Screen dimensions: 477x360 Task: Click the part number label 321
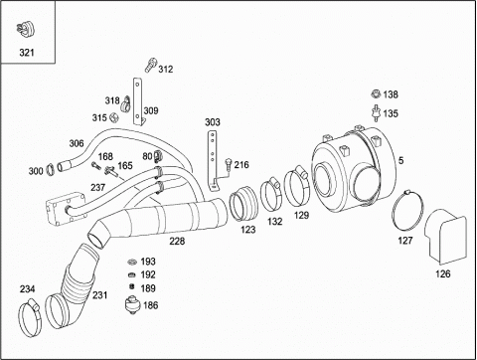click(27, 53)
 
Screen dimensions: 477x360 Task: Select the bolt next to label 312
click(150, 65)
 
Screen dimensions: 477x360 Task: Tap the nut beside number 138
click(376, 94)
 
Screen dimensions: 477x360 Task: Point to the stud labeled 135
click(376, 112)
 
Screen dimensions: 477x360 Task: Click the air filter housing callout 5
click(400, 161)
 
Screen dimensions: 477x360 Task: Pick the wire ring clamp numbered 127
click(407, 210)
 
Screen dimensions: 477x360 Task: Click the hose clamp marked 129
click(297, 187)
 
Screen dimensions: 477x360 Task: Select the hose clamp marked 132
click(271, 195)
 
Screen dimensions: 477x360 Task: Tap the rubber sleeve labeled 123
click(242, 204)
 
